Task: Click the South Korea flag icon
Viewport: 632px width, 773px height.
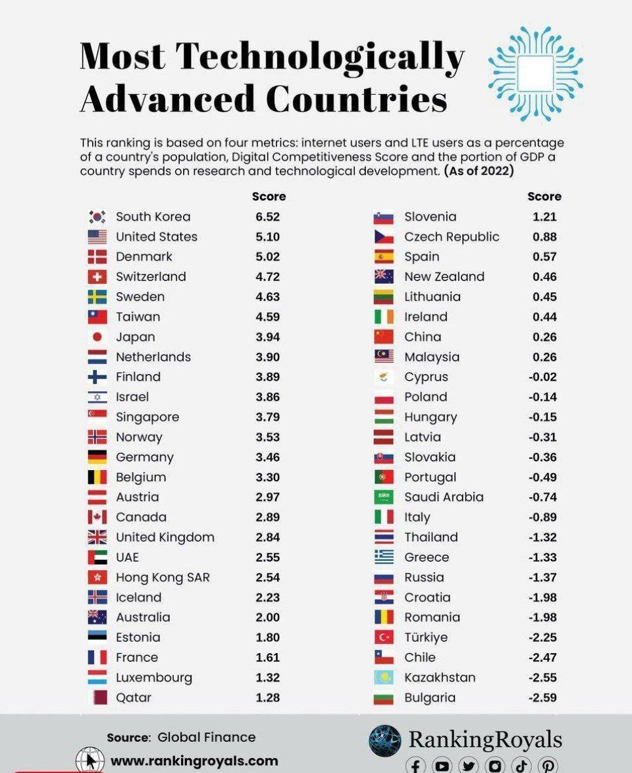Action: [x=97, y=217]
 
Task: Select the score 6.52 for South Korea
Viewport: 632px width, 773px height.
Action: [x=268, y=217]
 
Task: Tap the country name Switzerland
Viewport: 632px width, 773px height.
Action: [x=151, y=277]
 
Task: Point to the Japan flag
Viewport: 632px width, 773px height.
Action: [x=97, y=336]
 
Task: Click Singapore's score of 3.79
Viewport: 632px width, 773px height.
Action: [x=268, y=417]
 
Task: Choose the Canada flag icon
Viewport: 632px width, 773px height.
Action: [x=97, y=517]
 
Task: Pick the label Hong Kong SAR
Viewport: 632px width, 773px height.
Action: [x=163, y=577]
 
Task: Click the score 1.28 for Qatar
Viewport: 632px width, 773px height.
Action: [x=268, y=697]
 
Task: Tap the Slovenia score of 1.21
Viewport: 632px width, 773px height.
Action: [x=544, y=217]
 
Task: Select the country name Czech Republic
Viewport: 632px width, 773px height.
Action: [x=452, y=237]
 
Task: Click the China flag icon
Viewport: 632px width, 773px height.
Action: [x=384, y=336]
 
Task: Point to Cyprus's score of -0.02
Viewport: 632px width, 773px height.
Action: [x=542, y=377]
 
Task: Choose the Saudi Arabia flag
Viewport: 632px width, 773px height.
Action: [x=384, y=497]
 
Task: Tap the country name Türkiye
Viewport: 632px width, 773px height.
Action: [x=426, y=637]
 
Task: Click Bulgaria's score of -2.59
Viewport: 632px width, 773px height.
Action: [x=542, y=697]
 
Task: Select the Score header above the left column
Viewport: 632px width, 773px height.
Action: [x=269, y=196]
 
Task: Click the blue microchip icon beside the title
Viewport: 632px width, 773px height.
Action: [x=535, y=74]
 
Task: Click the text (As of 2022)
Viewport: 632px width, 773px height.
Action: [x=479, y=171]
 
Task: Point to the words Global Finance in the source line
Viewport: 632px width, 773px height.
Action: [x=207, y=737]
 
